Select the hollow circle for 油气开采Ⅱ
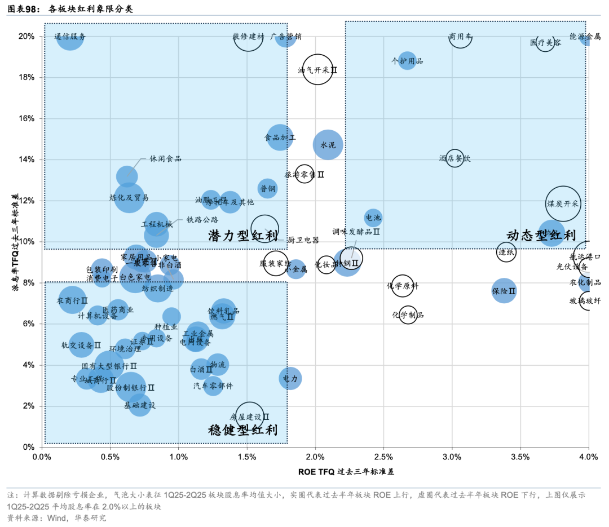(x=317, y=70)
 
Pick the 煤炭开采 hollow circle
(x=563, y=203)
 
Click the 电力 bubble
(x=290, y=378)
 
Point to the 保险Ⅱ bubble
(x=504, y=291)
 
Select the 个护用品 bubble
(x=407, y=61)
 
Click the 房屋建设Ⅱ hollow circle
(x=250, y=417)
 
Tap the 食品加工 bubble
(x=280, y=137)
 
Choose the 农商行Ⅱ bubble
(x=73, y=300)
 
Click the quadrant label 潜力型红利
(x=243, y=236)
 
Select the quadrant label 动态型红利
(x=541, y=236)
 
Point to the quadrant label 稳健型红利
(x=243, y=430)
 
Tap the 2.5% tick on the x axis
(x=383, y=456)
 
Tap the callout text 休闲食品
(x=165, y=159)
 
